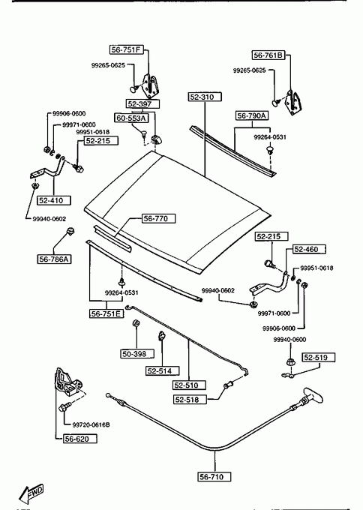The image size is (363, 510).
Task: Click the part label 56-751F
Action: click(126, 49)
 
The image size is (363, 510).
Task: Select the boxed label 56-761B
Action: click(268, 55)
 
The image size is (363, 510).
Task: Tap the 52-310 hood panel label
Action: click(205, 97)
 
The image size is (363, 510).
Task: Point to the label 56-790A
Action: click(252, 115)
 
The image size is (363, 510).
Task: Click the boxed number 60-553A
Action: click(131, 118)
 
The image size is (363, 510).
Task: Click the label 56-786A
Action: click(54, 259)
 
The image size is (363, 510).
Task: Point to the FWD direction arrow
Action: click(31, 494)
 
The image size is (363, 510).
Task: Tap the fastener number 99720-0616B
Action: click(91, 424)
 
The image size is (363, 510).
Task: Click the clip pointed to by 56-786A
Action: click(70, 232)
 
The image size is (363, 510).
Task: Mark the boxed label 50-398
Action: click(137, 354)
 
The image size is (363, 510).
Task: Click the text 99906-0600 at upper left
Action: click(69, 113)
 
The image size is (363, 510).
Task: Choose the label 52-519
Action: click(319, 358)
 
